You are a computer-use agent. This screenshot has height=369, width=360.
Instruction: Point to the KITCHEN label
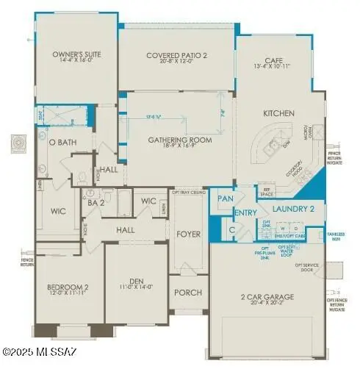[x=279, y=113]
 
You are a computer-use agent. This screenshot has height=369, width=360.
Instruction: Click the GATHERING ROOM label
[x=180, y=140]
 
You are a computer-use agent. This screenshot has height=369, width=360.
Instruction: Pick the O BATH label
[x=62, y=142]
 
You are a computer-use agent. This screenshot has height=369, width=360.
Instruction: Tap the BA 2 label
[x=95, y=202]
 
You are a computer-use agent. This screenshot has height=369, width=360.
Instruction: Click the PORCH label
[x=188, y=293]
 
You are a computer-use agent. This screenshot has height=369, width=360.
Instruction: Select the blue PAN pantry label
[x=224, y=198]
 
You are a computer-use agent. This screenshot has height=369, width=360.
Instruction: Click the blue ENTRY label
[x=245, y=213]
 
